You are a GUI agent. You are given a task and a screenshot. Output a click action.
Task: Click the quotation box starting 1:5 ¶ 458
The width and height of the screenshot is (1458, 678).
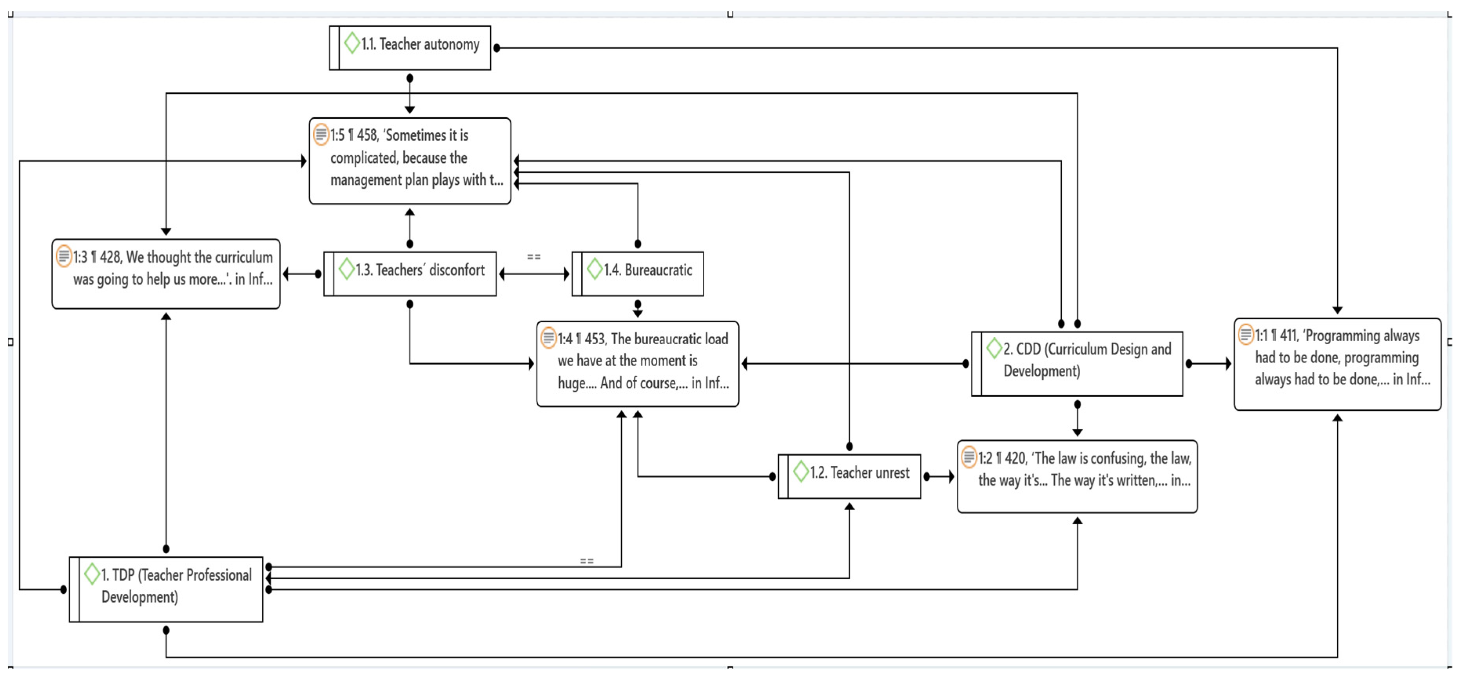click(410, 160)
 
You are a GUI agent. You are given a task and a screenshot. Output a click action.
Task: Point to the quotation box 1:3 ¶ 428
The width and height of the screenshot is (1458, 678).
click(166, 274)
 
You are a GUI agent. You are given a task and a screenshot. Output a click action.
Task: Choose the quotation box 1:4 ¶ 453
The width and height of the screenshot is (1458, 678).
click(638, 363)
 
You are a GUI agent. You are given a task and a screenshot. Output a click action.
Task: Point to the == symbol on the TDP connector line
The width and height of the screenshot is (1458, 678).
click(586, 561)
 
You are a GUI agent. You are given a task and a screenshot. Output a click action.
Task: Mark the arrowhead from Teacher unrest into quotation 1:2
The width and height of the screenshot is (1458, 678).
click(952, 476)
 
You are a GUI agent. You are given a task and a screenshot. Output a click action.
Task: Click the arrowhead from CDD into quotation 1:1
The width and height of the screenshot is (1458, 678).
click(1228, 363)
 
